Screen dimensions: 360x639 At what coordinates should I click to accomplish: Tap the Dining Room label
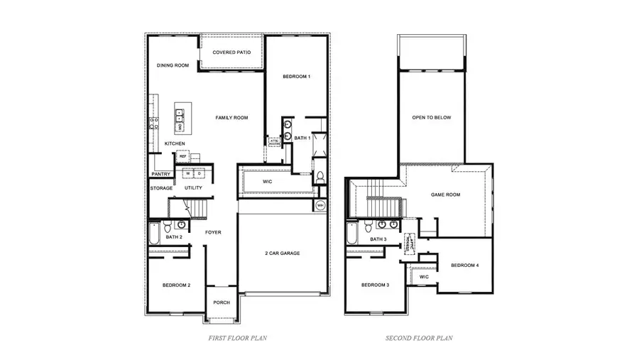tap(173, 66)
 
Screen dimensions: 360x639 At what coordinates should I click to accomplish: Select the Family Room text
tap(231, 118)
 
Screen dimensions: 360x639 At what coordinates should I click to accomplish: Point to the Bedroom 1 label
tap(296, 76)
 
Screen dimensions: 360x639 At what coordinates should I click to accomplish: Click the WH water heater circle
tap(320, 206)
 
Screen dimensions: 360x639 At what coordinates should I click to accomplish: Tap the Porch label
tap(222, 302)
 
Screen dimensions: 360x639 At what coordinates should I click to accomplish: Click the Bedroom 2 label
tap(176, 285)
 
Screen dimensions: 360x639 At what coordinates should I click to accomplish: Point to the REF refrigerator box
tap(182, 156)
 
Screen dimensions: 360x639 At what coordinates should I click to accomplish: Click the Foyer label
tap(214, 232)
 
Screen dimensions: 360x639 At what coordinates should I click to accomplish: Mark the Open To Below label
tap(432, 118)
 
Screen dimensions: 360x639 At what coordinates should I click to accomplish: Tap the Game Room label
tap(446, 194)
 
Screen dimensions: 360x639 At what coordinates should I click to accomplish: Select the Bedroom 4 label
tap(464, 266)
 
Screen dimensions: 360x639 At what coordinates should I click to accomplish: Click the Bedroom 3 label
tap(375, 285)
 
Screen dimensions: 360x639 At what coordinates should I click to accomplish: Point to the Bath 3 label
tap(378, 239)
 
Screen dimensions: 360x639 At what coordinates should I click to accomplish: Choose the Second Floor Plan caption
tap(419, 339)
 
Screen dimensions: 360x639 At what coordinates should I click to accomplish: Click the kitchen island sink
tap(180, 112)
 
